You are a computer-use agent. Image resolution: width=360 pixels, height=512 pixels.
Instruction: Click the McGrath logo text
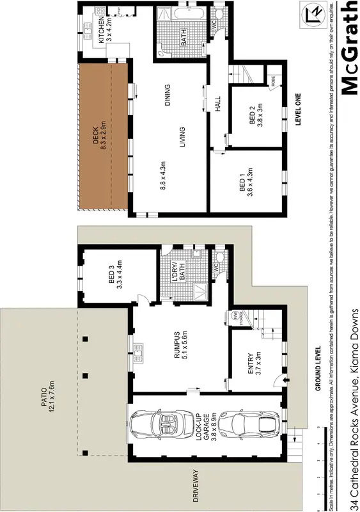coord(349,47)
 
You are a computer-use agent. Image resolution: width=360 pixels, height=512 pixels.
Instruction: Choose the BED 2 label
coord(256,117)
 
